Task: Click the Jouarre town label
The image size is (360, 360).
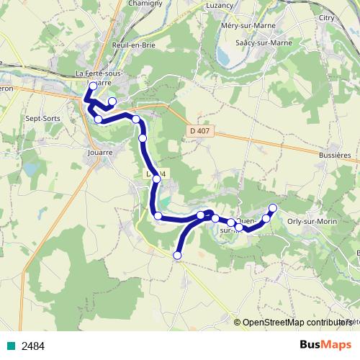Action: [99, 153]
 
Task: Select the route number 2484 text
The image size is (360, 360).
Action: [33, 346]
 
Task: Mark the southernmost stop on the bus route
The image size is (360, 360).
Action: [177, 254]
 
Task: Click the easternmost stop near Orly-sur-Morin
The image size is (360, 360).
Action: [273, 208]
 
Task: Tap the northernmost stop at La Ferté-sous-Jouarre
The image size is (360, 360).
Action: [93, 86]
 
